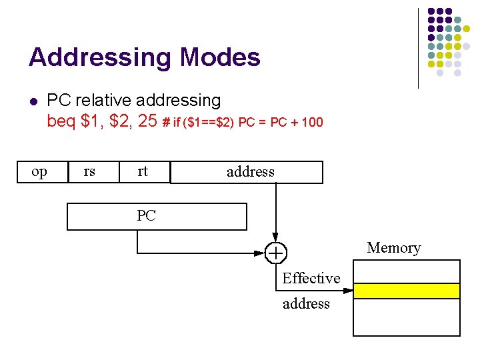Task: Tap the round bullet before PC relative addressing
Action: (x=33, y=101)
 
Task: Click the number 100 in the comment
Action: (x=311, y=122)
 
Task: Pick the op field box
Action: (x=39, y=172)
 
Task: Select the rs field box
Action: (x=89, y=172)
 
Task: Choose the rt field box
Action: (x=143, y=172)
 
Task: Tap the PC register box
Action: (x=157, y=216)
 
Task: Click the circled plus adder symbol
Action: (x=275, y=253)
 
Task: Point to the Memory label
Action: (x=393, y=248)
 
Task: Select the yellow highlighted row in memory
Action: (x=406, y=291)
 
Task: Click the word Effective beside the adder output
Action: (x=311, y=278)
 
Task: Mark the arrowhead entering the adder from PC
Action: (x=262, y=253)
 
